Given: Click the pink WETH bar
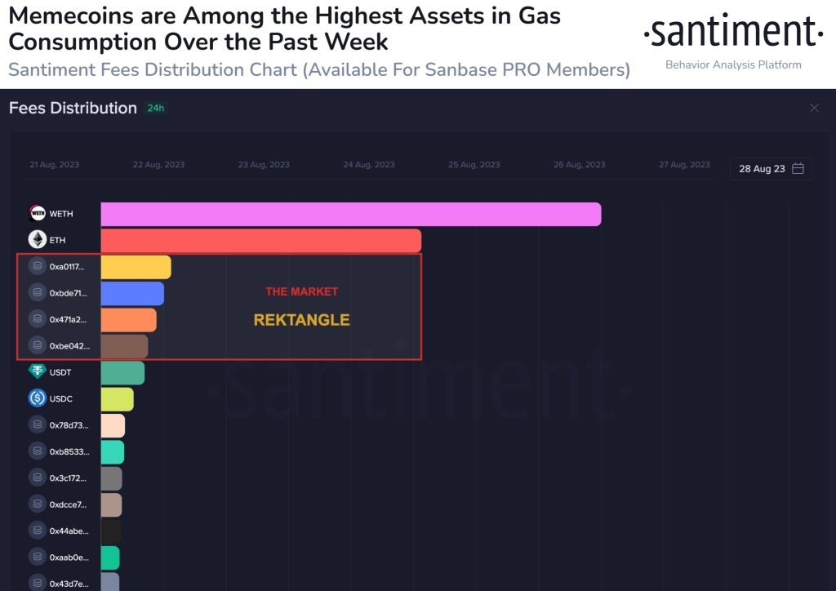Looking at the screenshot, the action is (351, 214).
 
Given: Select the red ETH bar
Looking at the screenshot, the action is (260, 240).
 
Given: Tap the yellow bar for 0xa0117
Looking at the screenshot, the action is (136, 267).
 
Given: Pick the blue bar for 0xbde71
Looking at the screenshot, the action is (132, 294).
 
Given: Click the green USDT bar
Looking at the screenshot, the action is (122, 373).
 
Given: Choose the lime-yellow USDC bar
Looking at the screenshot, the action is (118, 399).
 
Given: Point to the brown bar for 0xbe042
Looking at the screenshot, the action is (124, 346).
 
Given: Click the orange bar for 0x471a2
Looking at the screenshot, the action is (128, 320).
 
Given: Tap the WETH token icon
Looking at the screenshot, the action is (38, 213).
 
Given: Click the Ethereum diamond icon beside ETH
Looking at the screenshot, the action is (38, 240).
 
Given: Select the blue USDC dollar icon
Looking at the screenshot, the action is (38, 398).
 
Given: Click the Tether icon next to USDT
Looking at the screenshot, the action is (38, 371).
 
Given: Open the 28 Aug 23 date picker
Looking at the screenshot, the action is (771, 169).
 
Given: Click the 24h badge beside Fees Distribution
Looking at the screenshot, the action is (156, 109).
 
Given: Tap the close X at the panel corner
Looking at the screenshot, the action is (814, 109).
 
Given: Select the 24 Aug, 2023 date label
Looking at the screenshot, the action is (369, 165).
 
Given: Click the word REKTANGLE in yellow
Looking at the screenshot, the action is (302, 320).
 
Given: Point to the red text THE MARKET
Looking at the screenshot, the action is (302, 291).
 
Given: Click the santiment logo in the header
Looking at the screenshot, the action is (733, 31).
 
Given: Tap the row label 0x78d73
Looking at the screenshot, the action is (69, 425).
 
